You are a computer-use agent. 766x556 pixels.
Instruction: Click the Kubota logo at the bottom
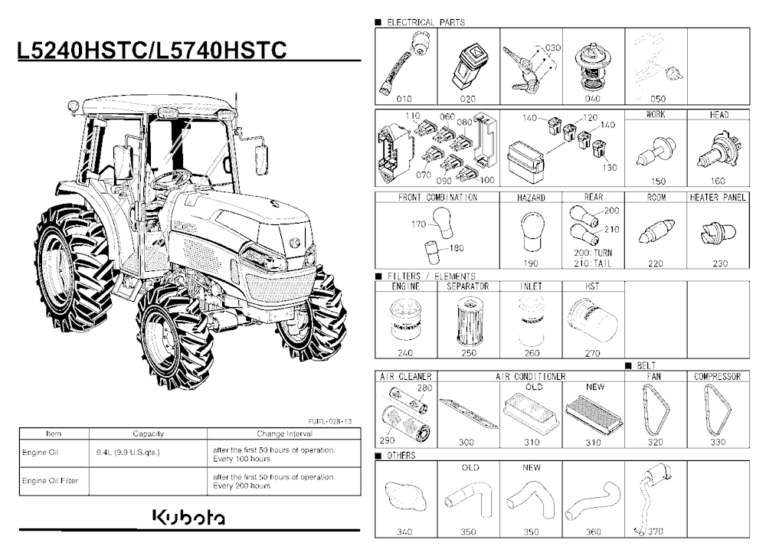189,518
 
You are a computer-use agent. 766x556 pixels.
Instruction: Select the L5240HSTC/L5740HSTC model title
152,51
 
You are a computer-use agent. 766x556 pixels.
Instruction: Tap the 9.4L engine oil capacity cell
128,453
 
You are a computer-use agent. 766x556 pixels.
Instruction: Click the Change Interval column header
284,434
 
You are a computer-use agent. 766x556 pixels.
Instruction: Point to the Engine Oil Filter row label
50,481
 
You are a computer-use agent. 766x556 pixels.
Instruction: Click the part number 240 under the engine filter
405,353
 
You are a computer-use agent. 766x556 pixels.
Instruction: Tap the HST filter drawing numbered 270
593,321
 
